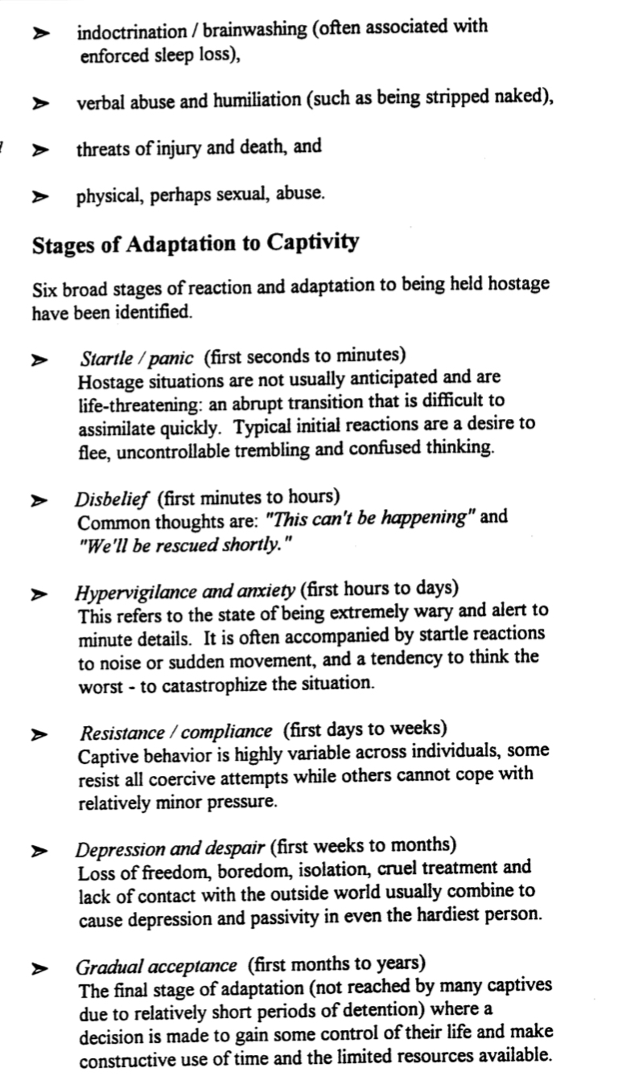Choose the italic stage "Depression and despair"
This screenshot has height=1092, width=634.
171,848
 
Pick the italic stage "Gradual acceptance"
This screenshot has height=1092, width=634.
156,965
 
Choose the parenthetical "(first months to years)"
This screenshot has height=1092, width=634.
336,963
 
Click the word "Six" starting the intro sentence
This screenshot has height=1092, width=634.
45,285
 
